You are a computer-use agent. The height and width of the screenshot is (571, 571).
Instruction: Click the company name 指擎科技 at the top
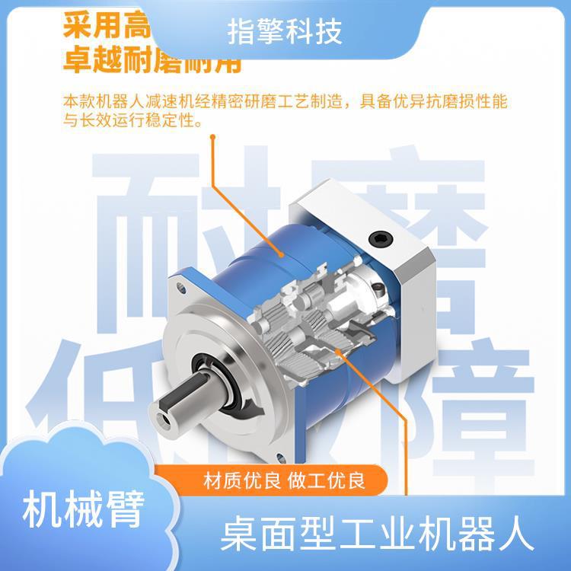pyautogui.click(x=285, y=33)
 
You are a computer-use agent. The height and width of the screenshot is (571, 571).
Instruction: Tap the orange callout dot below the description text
pyautogui.click(x=213, y=138)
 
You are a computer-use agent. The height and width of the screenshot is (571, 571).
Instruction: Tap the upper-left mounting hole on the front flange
pyautogui.click(x=182, y=288)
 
